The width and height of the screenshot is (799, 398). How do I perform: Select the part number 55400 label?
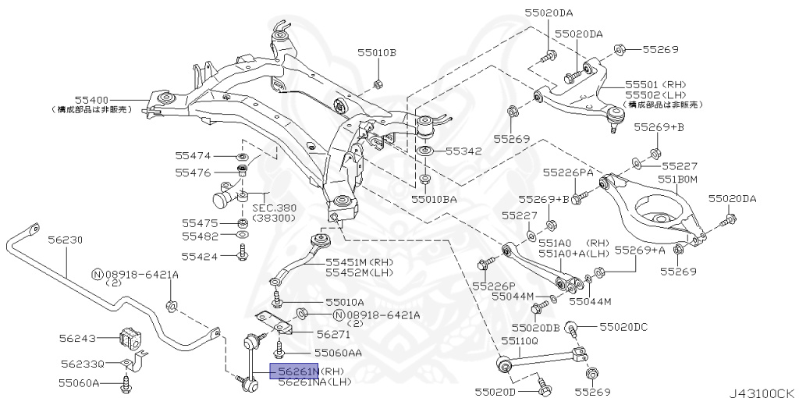coord(91,100)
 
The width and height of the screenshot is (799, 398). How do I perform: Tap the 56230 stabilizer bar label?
coord(65,240)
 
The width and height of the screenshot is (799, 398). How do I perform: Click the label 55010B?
coord(377,53)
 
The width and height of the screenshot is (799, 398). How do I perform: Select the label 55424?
coord(201,255)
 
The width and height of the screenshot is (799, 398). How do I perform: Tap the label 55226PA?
coord(568,172)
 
